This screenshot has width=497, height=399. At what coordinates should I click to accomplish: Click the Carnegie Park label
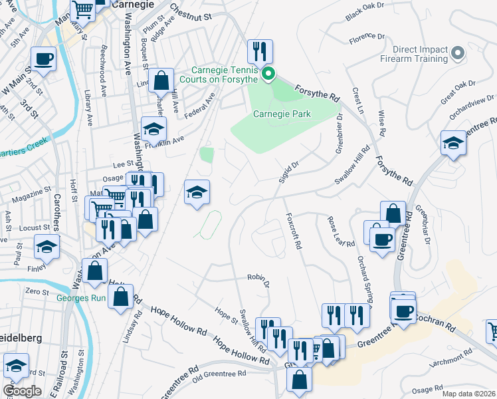[282, 114]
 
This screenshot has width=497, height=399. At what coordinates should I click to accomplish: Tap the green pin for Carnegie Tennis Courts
[268, 74]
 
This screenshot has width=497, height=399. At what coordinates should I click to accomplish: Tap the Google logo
[22, 390]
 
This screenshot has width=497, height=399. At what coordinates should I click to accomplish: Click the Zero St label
[37, 291]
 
